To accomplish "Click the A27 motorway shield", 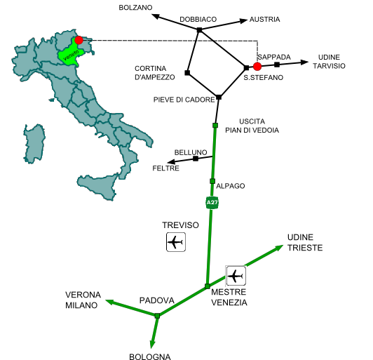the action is pyautogui.click(x=212, y=203).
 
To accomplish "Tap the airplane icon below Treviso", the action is pyautogui.click(x=176, y=242).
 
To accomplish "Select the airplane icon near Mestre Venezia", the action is pyautogui.click(x=236, y=276).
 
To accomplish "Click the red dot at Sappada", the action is pyautogui.click(x=257, y=67).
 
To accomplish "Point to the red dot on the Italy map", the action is pyautogui.click(x=79, y=40).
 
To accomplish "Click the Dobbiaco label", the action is pyautogui.click(x=198, y=19).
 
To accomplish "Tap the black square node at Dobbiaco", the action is pyautogui.click(x=200, y=29).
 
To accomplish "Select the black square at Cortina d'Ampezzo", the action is pyautogui.click(x=187, y=72).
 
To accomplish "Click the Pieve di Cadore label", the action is pyautogui.click(x=184, y=100).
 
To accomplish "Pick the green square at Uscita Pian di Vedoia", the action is pyautogui.click(x=215, y=125).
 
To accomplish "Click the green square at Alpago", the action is pyautogui.click(x=212, y=181).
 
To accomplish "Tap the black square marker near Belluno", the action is pyautogui.click(x=196, y=159).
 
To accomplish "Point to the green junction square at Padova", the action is pyautogui.click(x=157, y=316).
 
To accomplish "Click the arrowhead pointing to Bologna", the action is pyautogui.click(x=152, y=344).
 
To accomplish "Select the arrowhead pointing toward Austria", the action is pyautogui.click(x=243, y=21).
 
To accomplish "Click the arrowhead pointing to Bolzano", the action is pyautogui.click(x=156, y=16).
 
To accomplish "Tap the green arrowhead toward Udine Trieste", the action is pyautogui.click(x=279, y=248).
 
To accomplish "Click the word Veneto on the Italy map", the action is pyautogui.click(x=71, y=55).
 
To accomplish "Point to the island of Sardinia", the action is pyautogui.click(x=34, y=144).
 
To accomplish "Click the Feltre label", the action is pyautogui.click(x=165, y=168).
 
